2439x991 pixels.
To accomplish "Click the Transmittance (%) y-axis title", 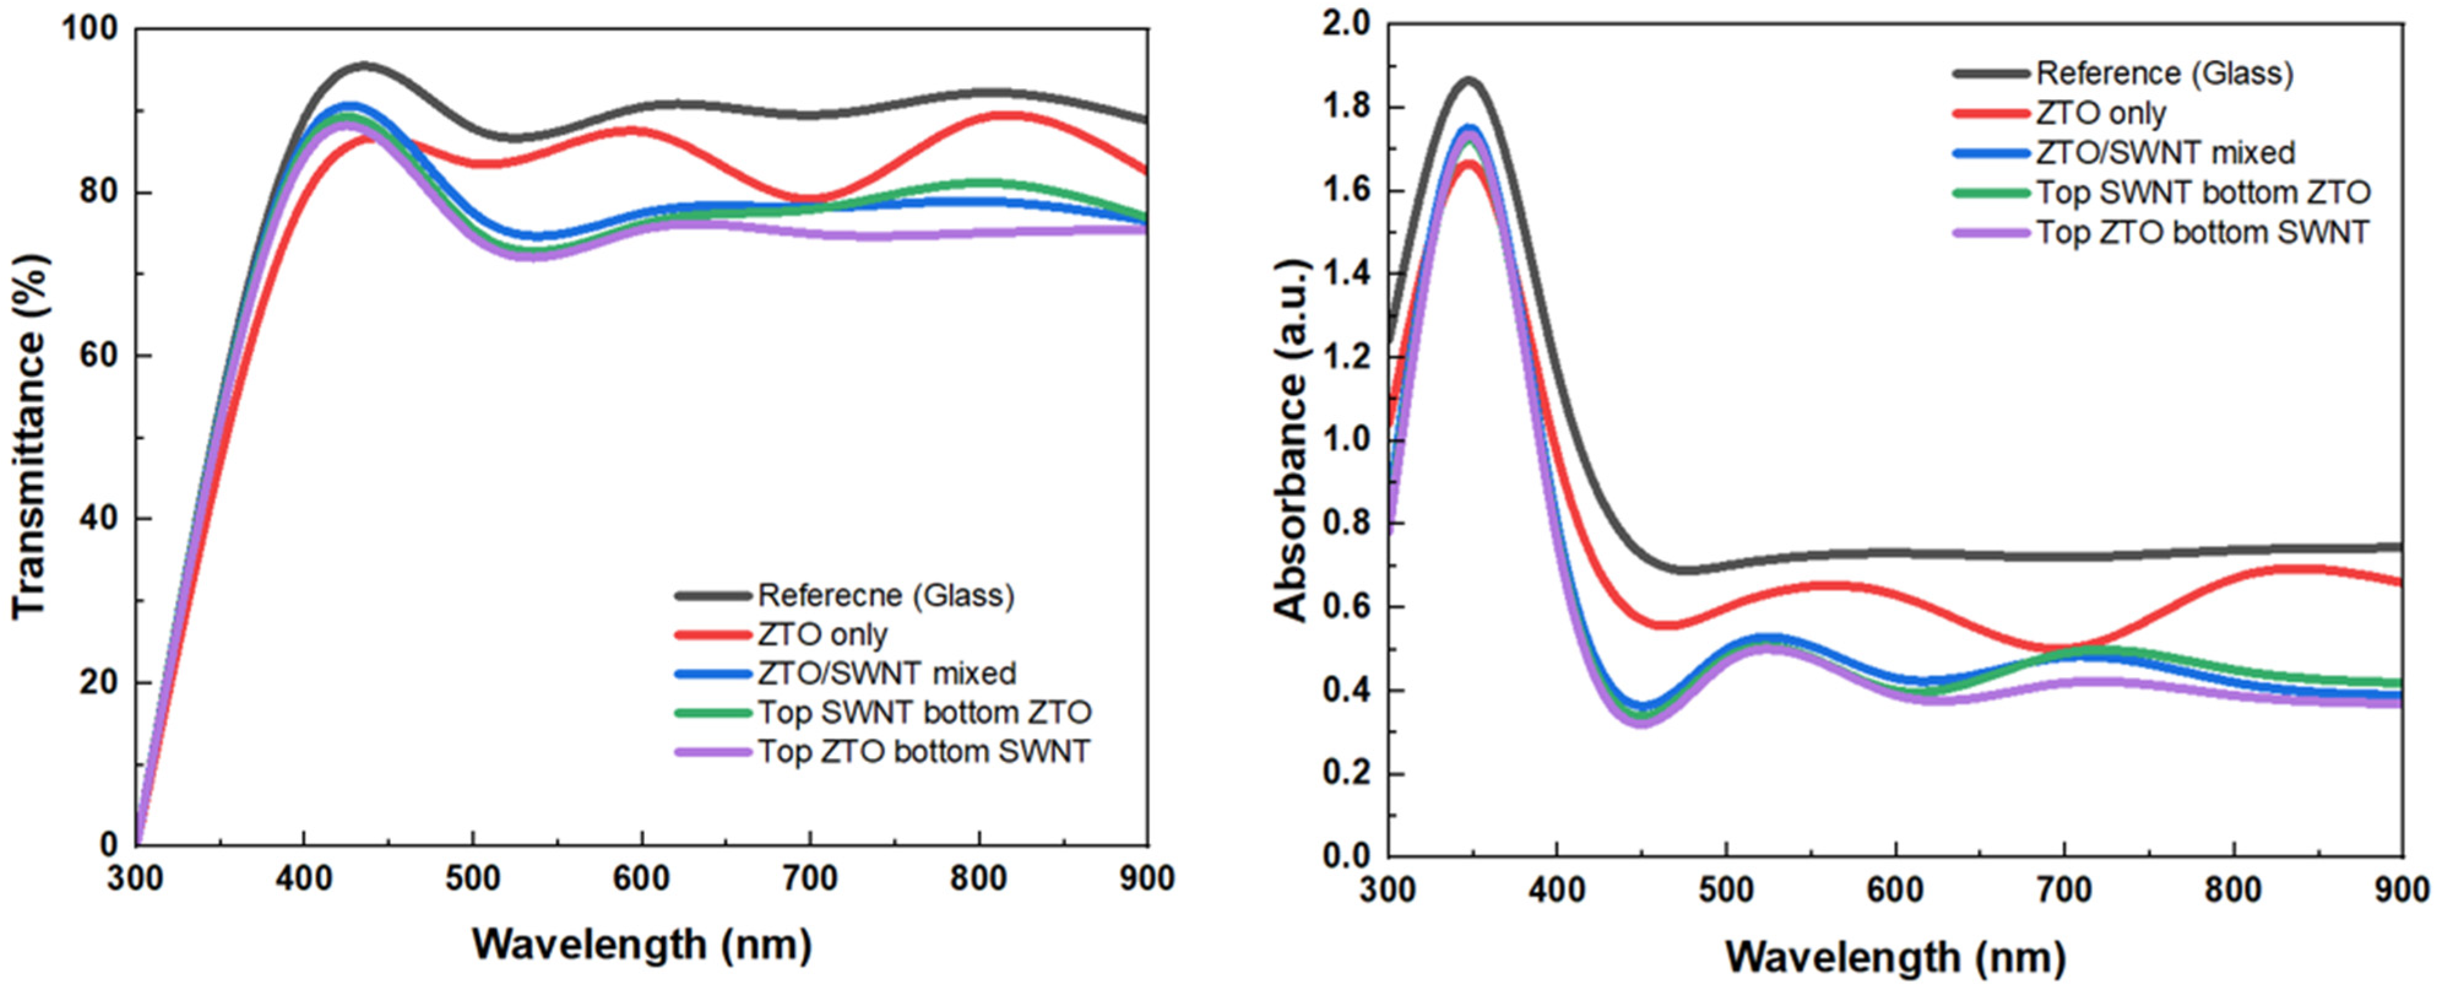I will [30, 436].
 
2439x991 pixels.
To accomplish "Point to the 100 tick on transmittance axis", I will [90, 28].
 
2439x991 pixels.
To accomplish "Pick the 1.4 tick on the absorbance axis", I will [1345, 274].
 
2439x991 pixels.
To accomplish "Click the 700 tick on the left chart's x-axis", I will [811, 880].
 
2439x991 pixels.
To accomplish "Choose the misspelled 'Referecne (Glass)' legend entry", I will [886, 595].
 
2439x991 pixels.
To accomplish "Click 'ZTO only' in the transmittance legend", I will [822, 634].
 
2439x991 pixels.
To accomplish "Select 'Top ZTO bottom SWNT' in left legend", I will [923, 752].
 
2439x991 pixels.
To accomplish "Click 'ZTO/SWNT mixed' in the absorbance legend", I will [2164, 153].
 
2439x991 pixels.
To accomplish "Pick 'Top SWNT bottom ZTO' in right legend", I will [2202, 192].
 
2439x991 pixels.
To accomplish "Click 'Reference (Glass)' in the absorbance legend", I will [2164, 73].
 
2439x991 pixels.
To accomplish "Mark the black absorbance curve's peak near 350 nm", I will [1468, 81].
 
